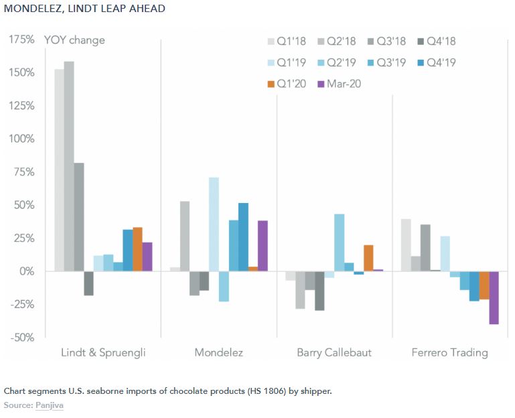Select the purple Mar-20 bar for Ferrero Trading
click(494, 297)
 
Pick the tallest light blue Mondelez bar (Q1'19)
click(214, 224)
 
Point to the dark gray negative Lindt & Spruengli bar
click(88, 283)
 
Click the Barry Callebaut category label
click(334, 352)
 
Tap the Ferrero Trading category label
click(450, 352)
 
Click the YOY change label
click(74, 40)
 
